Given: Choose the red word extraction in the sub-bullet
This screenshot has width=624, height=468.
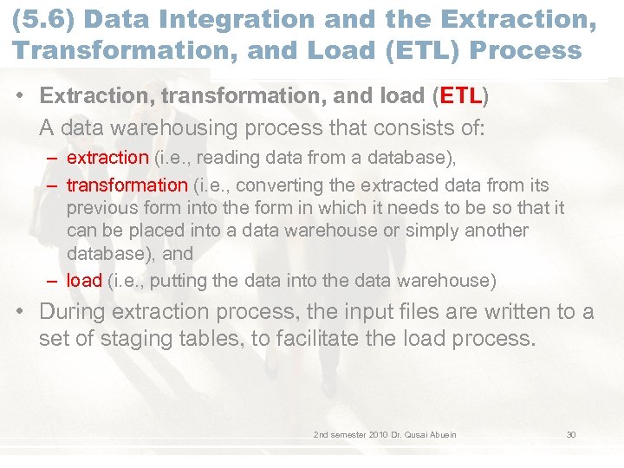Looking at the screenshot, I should tap(107, 157).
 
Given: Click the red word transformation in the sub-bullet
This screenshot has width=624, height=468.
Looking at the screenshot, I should tap(127, 185).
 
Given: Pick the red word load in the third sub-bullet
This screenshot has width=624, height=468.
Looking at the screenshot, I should tap(84, 280).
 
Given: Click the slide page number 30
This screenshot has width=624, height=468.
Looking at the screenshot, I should tap(571, 434).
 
